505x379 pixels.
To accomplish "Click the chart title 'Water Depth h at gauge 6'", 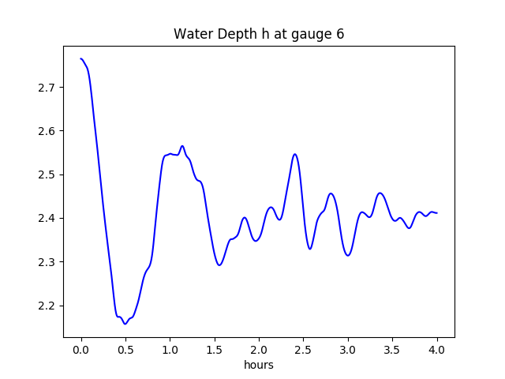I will (259, 34).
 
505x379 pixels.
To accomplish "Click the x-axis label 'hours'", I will (259, 366).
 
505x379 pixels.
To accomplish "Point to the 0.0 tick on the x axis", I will (81, 348).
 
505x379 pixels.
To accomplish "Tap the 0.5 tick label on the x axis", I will (125, 348).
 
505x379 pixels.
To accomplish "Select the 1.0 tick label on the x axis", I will (170, 348).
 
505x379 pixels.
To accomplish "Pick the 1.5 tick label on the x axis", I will (215, 348).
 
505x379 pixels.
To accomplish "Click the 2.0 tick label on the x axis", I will (259, 348).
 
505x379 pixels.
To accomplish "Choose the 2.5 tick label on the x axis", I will (304, 348).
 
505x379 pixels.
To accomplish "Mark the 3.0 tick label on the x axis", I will (348, 348).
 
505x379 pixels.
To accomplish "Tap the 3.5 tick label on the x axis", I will (392, 348).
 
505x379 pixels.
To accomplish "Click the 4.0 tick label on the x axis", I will (437, 348).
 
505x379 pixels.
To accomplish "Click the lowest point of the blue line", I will (125, 324).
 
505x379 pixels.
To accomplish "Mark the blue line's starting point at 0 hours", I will (81, 58).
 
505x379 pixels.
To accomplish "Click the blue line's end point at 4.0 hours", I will (437, 213).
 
